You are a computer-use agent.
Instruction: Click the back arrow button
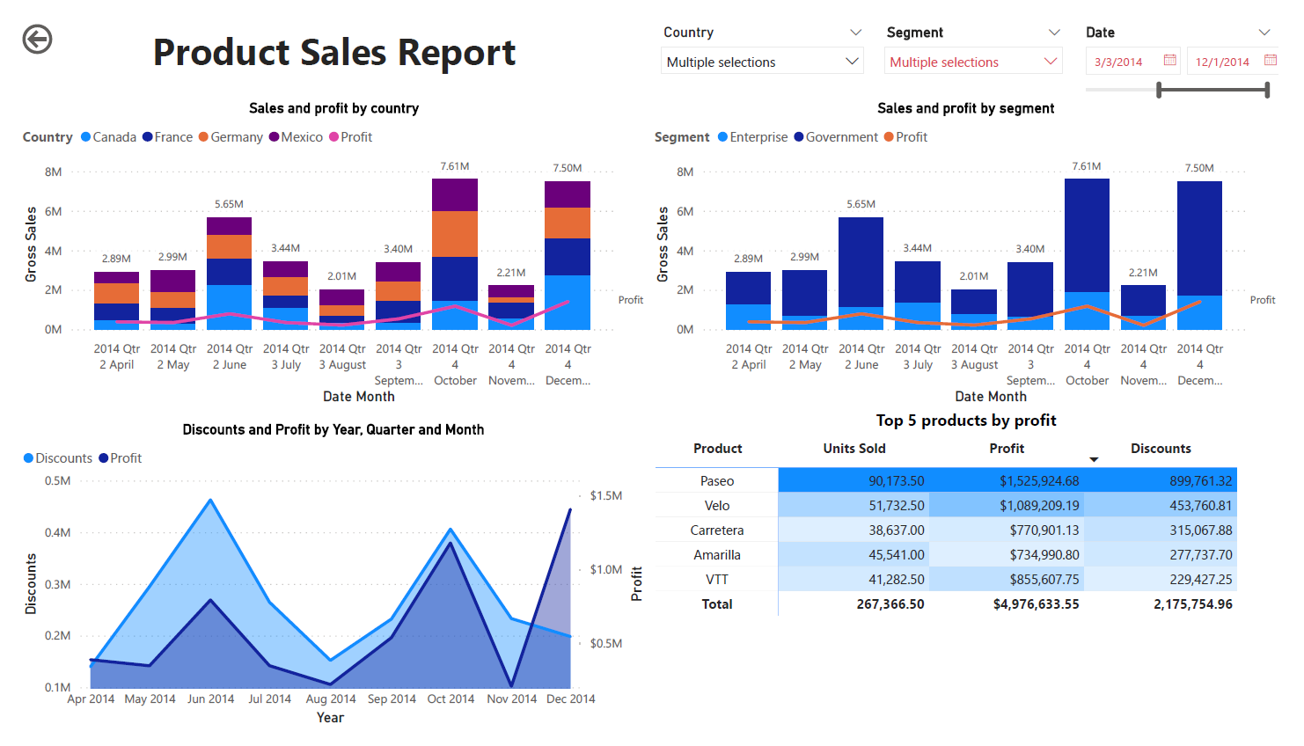pos(37,40)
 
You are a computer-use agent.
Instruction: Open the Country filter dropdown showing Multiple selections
pos(761,62)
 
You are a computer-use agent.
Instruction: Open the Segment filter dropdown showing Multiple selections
pos(972,62)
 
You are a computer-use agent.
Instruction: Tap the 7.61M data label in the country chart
pos(455,166)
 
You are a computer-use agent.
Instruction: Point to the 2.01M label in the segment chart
pos(973,276)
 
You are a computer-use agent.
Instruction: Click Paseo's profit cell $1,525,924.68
pos(1038,481)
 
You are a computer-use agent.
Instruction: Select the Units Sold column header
pos(853,449)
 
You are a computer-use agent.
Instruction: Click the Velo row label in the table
pos(716,506)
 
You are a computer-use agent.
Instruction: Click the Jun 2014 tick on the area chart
pos(210,699)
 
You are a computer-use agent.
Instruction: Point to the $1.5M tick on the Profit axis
pos(605,496)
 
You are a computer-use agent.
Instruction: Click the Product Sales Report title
pos(333,53)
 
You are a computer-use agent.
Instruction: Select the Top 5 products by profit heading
pos(965,421)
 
